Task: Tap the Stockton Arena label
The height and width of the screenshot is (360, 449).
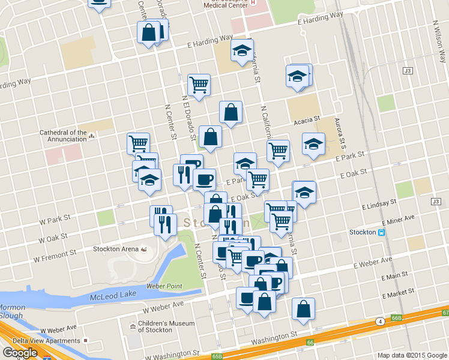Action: click(116, 249)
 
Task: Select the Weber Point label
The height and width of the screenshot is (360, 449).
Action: click(164, 286)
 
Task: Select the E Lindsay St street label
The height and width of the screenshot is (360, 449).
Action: click(379, 206)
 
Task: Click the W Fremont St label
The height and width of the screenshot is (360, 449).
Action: click(54, 258)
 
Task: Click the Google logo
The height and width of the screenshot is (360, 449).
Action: click(20, 353)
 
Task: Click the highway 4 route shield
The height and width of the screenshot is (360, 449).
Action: click(380, 322)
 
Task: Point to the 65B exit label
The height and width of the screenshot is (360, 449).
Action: click(217, 356)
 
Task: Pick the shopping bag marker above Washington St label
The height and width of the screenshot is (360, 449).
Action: click(303, 310)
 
